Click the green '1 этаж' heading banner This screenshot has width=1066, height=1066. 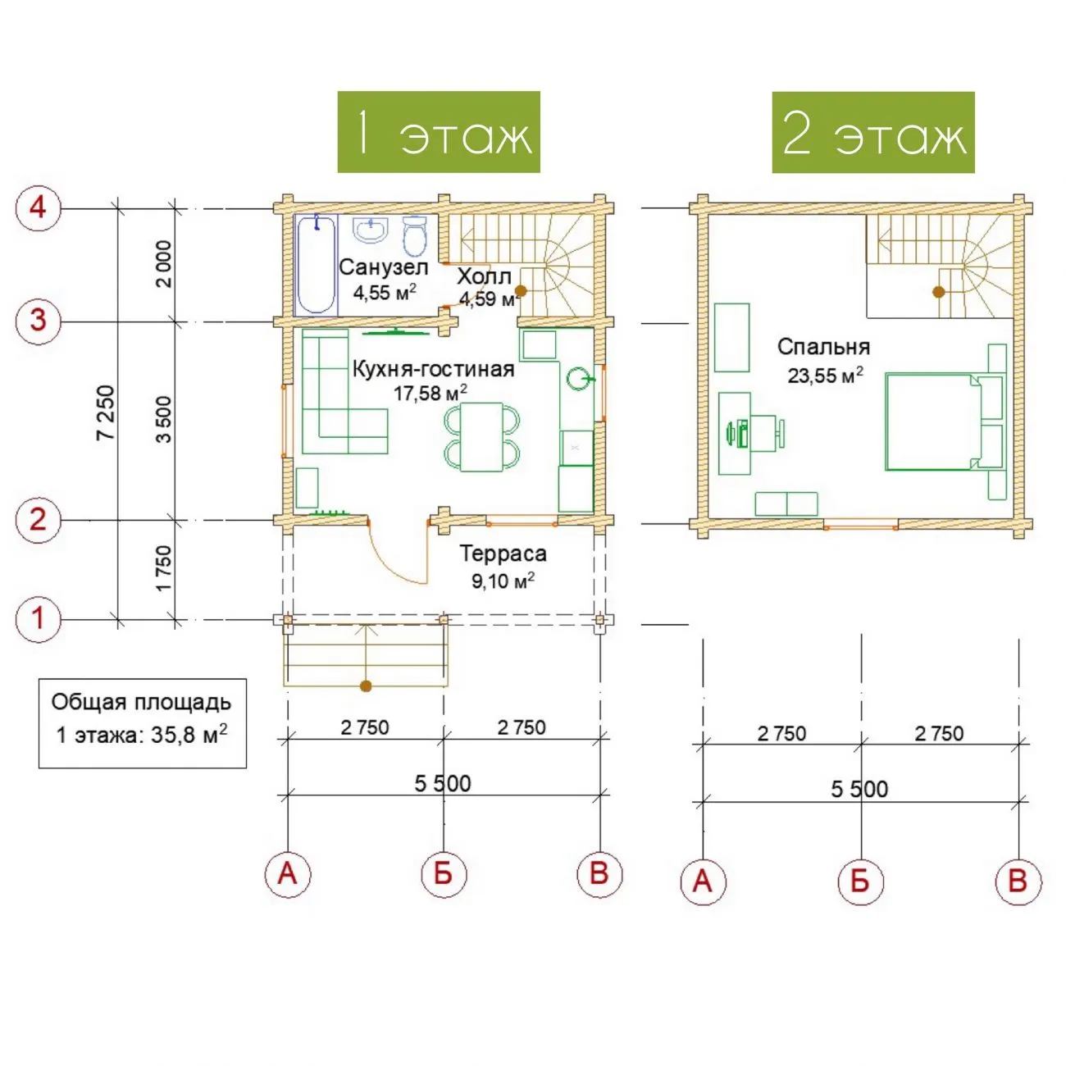439,132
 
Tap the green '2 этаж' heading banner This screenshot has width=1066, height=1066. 873,132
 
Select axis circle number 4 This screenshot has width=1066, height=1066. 38,208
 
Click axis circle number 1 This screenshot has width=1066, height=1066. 38,619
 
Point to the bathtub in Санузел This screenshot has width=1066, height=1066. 316,265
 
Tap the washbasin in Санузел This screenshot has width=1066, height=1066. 371,229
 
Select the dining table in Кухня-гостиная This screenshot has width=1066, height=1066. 482,437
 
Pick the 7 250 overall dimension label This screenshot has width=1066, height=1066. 105,412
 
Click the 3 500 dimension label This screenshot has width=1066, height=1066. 164,419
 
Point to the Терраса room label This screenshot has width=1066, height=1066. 503,553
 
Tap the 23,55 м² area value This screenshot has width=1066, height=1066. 825,376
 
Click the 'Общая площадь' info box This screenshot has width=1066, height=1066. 142,723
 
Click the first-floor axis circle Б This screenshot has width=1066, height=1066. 444,874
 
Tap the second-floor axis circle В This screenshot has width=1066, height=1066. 1018,881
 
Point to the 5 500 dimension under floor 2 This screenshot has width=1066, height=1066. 859,790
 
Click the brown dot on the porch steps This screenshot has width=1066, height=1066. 365,686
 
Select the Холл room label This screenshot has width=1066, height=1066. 485,276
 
